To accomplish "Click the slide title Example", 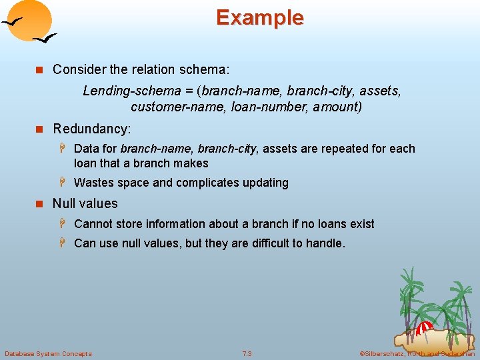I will pyautogui.click(x=259, y=17).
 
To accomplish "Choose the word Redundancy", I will pyautogui.click(x=91, y=128).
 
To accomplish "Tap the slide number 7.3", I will pyautogui.click(x=247, y=353).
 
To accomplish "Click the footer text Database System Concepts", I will pyautogui.click(x=48, y=353).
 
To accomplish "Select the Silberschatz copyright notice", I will pyautogui.click(x=417, y=353).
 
